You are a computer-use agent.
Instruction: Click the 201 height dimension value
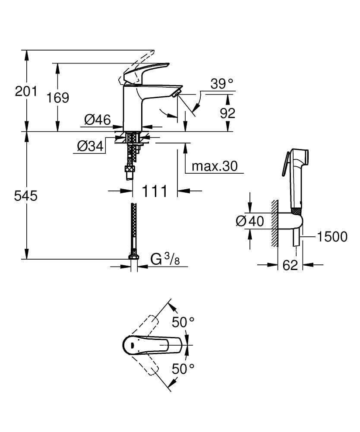click(x=26, y=91)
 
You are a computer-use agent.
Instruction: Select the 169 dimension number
click(x=58, y=98)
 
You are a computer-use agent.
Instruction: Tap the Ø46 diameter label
click(x=98, y=119)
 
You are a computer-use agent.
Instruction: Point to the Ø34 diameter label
click(x=90, y=147)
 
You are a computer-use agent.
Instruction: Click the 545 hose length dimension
click(x=26, y=196)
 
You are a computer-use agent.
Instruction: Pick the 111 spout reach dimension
click(x=155, y=191)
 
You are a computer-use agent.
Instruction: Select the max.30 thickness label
click(x=215, y=166)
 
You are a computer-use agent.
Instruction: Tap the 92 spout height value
click(x=227, y=113)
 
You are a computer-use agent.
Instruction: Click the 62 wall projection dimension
click(x=291, y=265)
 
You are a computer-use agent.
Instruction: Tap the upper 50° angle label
click(x=183, y=322)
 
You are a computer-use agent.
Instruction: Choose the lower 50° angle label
click(x=183, y=368)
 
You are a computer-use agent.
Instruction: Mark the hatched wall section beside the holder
click(x=275, y=224)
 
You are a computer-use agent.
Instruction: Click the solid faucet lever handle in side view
click(x=145, y=72)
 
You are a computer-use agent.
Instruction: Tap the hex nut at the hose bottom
click(x=134, y=257)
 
